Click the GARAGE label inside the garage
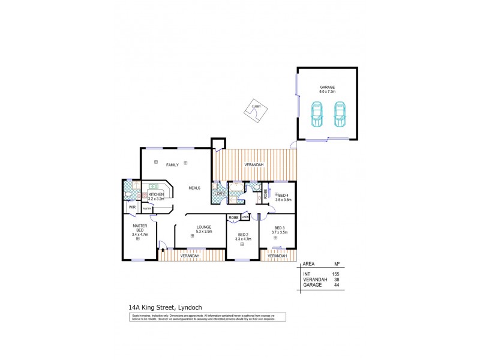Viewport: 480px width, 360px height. [x=327, y=87]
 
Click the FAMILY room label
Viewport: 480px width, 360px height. [x=173, y=165]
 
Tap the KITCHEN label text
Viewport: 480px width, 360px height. [x=156, y=194]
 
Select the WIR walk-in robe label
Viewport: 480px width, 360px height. [x=132, y=208]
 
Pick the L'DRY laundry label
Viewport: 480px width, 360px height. [x=219, y=194]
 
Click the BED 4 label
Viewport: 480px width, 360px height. [x=283, y=195]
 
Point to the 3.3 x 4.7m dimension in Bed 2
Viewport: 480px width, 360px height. [x=242, y=239]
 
